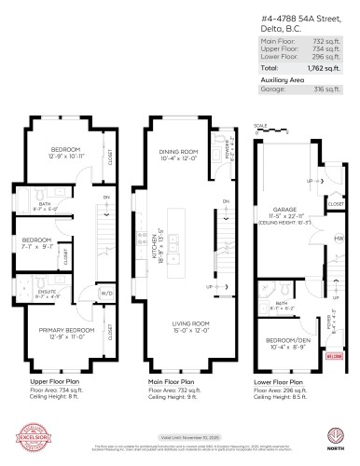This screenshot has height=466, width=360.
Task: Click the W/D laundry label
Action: pos(107,292)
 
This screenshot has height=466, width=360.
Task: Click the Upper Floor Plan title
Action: pos(56,382)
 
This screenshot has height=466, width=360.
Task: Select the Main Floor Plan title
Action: pos(173,382)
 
